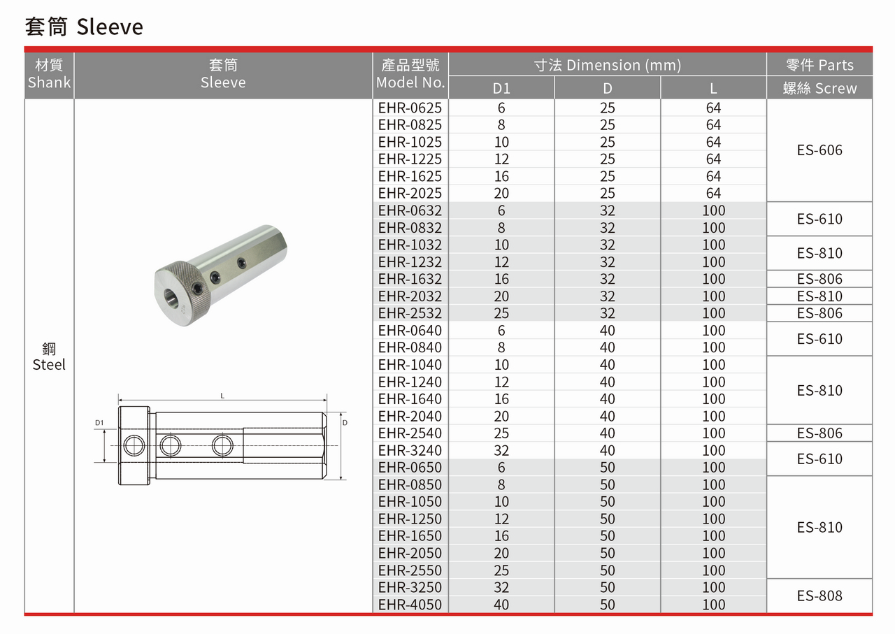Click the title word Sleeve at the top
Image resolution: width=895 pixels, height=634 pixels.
(110, 27)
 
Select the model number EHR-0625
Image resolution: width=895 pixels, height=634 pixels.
(410, 108)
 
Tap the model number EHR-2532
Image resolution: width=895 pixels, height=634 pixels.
(410, 313)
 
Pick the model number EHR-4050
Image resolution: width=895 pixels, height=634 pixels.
(410, 605)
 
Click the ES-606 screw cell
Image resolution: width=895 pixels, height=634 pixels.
(819, 150)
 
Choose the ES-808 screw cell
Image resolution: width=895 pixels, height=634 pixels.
(819, 596)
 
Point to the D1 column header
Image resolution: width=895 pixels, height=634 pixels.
(501, 89)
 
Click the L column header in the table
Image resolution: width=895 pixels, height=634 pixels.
(713, 89)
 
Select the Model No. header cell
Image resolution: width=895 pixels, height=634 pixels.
(410, 74)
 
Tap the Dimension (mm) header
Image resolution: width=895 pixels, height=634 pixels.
(607, 65)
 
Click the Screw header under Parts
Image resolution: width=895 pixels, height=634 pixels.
(819, 89)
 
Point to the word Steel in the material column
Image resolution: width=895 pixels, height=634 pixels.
(49, 365)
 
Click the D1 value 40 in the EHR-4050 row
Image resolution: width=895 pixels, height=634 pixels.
(501, 605)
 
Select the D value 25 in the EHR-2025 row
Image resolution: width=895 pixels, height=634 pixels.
(607, 194)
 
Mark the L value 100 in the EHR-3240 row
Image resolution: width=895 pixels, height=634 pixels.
(713, 451)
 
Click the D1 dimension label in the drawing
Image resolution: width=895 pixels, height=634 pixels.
(99, 423)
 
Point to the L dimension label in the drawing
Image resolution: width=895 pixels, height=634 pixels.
(222, 396)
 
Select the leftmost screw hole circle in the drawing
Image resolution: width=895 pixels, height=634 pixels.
(133, 445)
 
